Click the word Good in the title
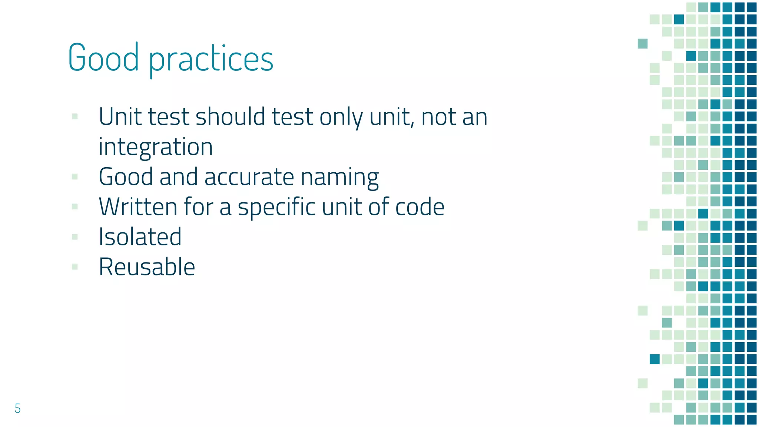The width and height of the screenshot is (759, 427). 103,59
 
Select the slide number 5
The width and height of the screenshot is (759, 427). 17,408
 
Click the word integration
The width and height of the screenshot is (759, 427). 156,147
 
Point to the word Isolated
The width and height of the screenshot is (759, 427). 140,237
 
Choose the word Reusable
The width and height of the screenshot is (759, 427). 147,267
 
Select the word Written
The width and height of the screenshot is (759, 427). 138,207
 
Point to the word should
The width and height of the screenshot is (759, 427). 231,117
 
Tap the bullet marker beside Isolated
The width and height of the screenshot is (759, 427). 75,237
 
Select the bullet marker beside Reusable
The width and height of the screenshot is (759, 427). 75,267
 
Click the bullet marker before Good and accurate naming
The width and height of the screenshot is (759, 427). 75,177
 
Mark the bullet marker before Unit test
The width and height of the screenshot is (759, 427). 75,117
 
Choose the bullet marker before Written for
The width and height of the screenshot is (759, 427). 75,207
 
